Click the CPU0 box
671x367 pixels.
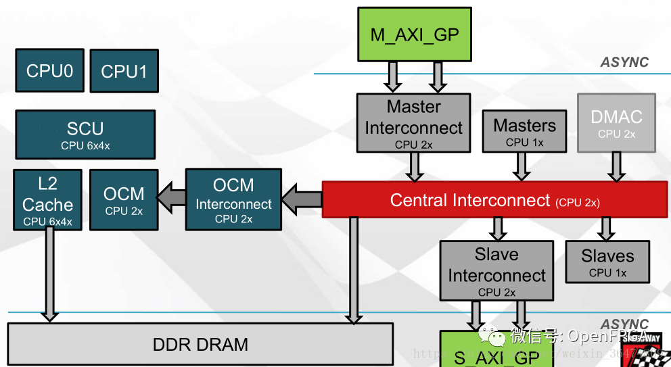[x=49, y=70]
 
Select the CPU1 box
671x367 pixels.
[x=124, y=71]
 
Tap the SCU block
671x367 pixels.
[x=85, y=134]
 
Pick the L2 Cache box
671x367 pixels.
[x=47, y=199]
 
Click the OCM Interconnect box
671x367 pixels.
[x=233, y=199]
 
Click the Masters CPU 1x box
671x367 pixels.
[x=524, y=131]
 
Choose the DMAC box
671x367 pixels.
[x=616, y=122]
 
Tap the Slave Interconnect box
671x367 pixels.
[x=496, y=270]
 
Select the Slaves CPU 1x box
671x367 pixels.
[x=607, y=262]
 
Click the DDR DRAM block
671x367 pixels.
[x=200, y=344]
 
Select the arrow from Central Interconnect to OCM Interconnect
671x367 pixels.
[x=302, y=199]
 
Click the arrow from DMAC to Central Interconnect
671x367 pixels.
[x=616, y=166]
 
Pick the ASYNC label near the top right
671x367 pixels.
[x=624, y=62]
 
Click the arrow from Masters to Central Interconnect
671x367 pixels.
[x=521, y=166]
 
